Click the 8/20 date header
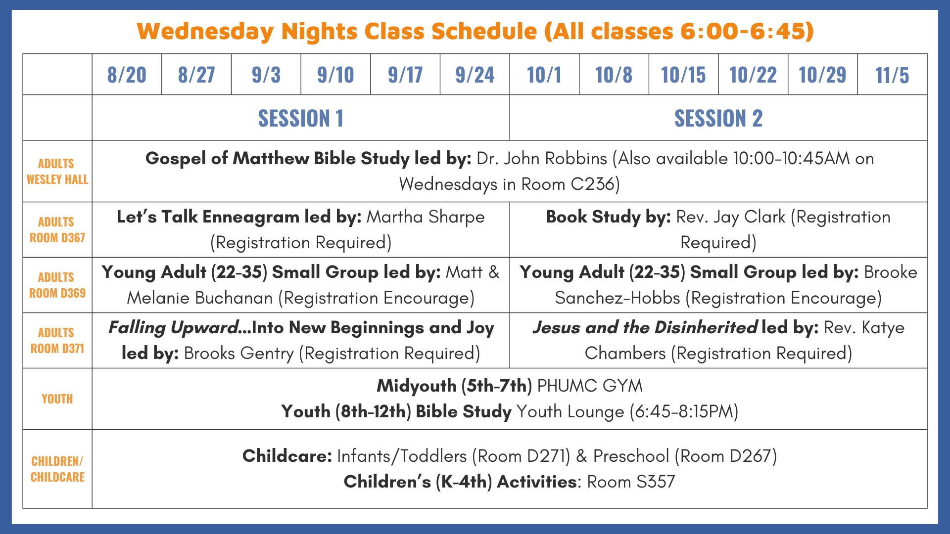tap(127, 75)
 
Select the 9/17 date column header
tap(405, 75)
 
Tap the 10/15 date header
tap(683, 75)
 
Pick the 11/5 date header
tap(892, 75)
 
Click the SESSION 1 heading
tap(301, 119)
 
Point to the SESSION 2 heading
tap(718, 119)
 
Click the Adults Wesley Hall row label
tap(57, 172)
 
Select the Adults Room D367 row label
tap(57, 230)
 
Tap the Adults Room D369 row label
tap(57, 285)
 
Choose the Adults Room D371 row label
tap(57, 341)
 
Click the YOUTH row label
tap(57, 399)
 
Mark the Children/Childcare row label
tap(57, 469)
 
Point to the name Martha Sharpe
tap(426, 217)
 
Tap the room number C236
tap(592, 184)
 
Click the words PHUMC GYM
tap(590, 386)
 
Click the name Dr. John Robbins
tap(542, 159)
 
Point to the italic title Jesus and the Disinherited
tap(645, 328)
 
